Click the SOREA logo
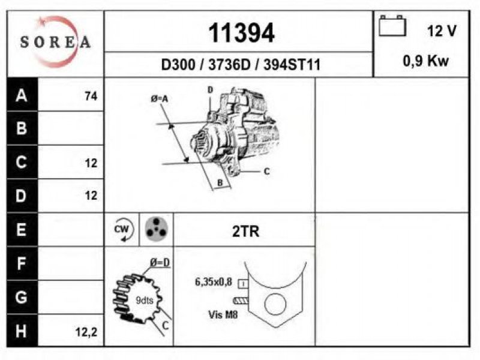pyautogui.click(x=55, y=42)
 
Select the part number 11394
pyautogui.click(x=241, y=33)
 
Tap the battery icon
pyautogui.click(x=392, y=26)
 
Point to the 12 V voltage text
pyautogui.click(x=442, y=31)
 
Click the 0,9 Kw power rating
pyautogui.click(x=425, y=61)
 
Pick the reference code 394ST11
pyautogui.click(x=292, y=65)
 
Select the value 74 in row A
pyautogui.click(x=91, y=96)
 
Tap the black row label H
pyautogui.click(x=22, y=331)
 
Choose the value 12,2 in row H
pyautogui.click(x=86, y=332)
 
